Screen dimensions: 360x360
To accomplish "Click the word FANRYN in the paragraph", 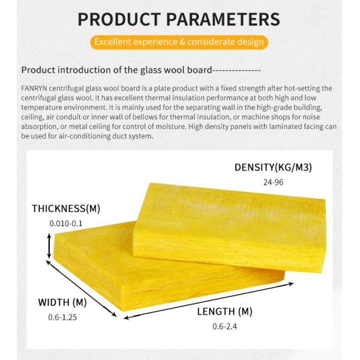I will [x=34, y=88].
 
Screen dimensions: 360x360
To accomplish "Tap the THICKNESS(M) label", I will [x=66, y=209].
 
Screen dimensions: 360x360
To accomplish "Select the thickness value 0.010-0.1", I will [x=66, y=223].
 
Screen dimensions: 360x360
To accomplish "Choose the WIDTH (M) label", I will [x=62, y=302].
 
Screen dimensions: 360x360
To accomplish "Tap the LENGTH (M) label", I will [x=225, y=311].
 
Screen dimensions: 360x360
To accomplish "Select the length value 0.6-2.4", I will [x=225, y=326].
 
